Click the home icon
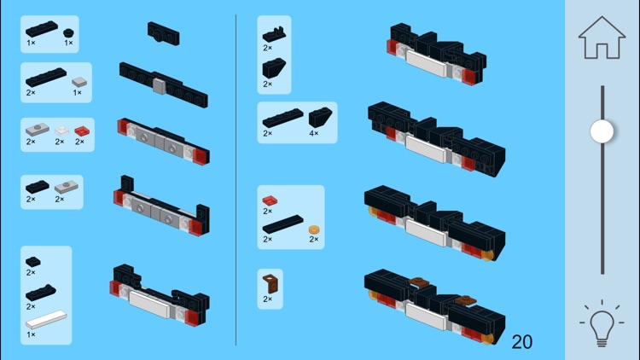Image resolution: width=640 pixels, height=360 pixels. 602,38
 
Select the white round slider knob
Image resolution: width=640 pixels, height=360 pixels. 602,131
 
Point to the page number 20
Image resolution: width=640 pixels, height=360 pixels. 521,342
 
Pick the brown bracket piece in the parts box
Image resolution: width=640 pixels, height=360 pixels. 271,283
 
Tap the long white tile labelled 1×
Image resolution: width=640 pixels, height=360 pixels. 46,321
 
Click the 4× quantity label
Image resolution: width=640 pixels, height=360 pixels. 314,133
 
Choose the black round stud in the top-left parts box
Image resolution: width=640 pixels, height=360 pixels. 68,32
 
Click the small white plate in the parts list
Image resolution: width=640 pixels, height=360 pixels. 61,131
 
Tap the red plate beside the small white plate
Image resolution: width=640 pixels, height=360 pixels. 81,131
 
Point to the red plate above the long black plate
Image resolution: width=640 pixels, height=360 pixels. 269,200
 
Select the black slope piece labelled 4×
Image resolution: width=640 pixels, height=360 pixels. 321,117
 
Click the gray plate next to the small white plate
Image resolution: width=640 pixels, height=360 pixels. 36,131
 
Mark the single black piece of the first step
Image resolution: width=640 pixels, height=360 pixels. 163,33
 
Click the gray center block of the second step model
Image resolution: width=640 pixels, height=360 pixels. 159,85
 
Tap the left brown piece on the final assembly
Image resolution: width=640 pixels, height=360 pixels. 418,282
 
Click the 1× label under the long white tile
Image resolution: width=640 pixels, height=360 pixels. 31,334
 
